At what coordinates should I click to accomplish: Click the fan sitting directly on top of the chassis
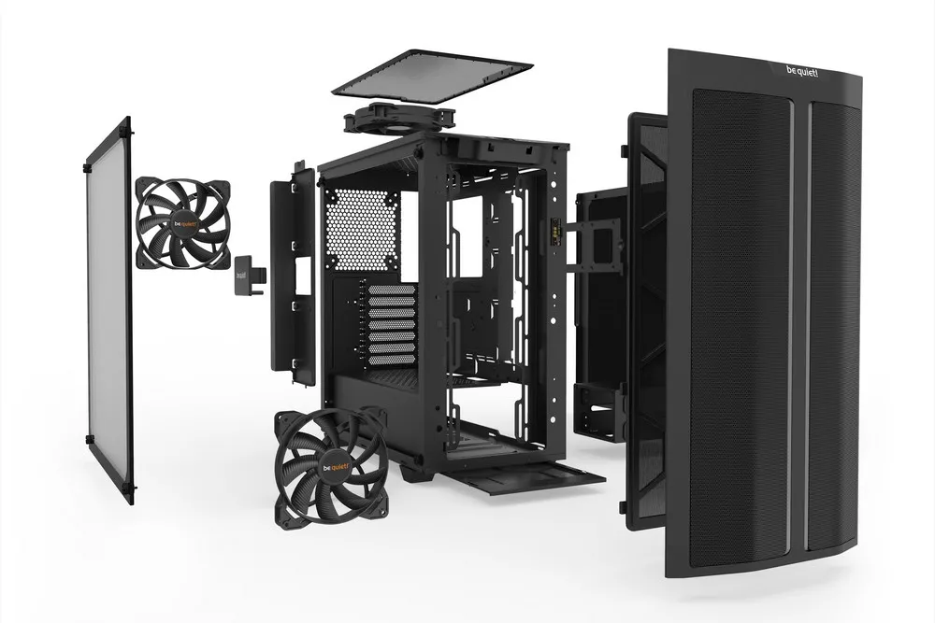tap(399, 120)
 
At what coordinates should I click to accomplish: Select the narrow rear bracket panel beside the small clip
tap(292, 276)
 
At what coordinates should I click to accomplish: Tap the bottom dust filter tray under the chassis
tap(524, 472)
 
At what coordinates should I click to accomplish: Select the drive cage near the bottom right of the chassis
tap(601, 411)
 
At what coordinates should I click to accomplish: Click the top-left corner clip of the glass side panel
tap(86, 168)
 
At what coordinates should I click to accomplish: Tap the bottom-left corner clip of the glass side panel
tap(88, 438)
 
